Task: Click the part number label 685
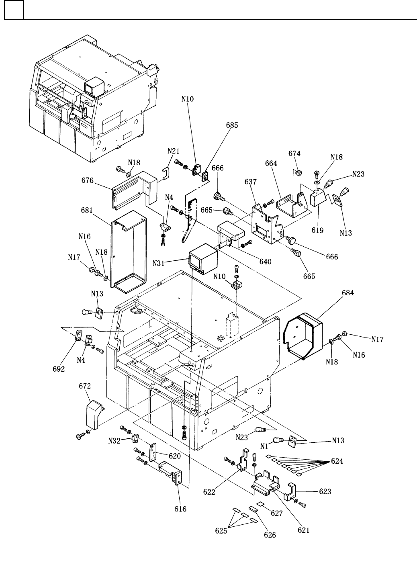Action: tap(232, 125)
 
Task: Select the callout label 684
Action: tap(348, 293)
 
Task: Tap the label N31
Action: tap(159, 264)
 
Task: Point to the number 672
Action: tap(85, 386)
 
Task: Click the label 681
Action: tap(87, 210)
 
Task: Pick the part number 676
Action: tap(87, 180)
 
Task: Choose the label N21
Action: tap(174, 151)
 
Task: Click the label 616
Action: tap(180, 509)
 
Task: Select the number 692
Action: tap(59, 369)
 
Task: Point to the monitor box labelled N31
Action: tap(203, 259)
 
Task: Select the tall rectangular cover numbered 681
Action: tap(129, 252)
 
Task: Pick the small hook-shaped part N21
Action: tap(166, 173)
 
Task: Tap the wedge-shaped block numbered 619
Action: tap(319, 198)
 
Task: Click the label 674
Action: tap(294, 153)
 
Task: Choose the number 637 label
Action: tap(250, 182)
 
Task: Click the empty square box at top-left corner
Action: tap(14, 10)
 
